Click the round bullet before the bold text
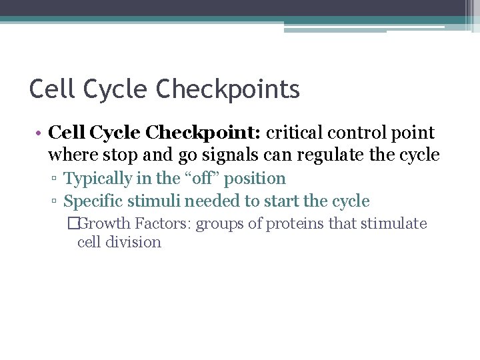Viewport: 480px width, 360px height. point(40,133)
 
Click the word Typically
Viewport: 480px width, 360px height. point(98,179)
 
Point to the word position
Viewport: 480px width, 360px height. point(257,179)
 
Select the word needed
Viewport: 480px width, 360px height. point(209,201)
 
